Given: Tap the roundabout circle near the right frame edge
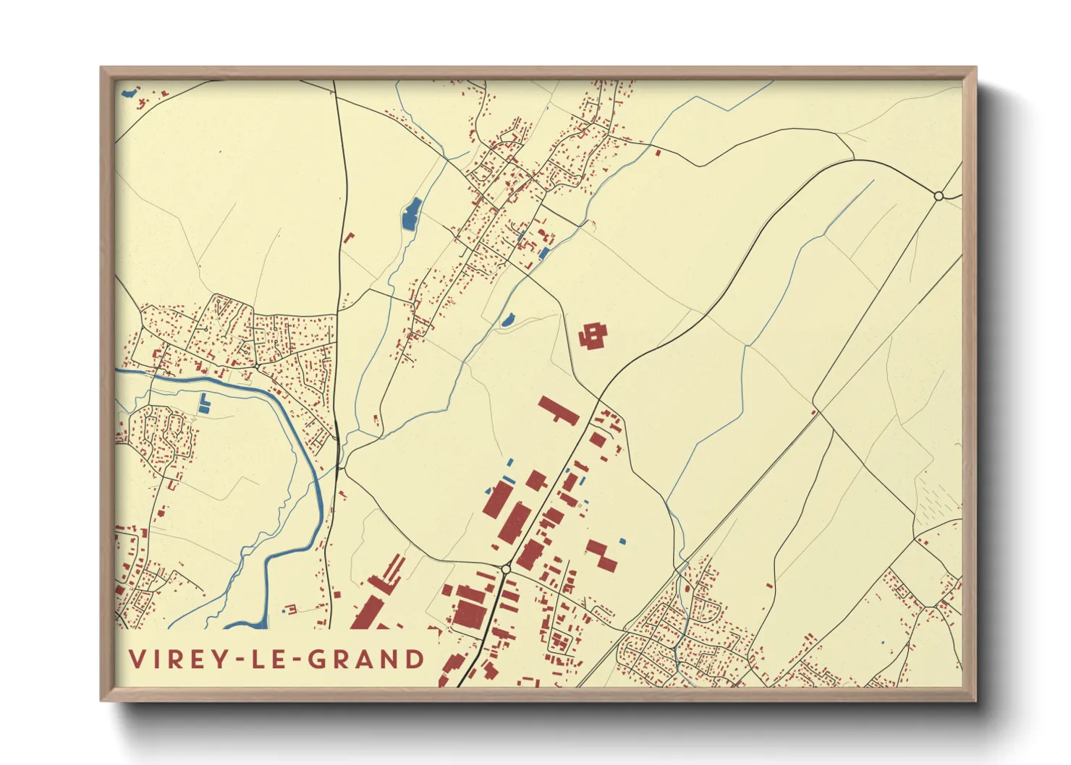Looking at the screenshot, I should coord(939,196).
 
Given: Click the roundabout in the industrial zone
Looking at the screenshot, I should coord(506,570).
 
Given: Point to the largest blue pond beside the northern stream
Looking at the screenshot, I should coord(411,213).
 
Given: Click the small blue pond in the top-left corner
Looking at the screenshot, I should coord(129,93).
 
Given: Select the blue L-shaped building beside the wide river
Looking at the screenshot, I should coord(203,405).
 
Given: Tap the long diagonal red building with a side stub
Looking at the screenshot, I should coord(558,410).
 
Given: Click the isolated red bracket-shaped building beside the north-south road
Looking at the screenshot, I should coord(350,236).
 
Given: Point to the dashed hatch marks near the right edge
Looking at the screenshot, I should coord(937,499).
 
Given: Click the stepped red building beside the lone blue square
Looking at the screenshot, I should coord(601,555).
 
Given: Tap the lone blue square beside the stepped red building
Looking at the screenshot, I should coord(622,541).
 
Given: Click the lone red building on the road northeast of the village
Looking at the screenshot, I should coord(658,152).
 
